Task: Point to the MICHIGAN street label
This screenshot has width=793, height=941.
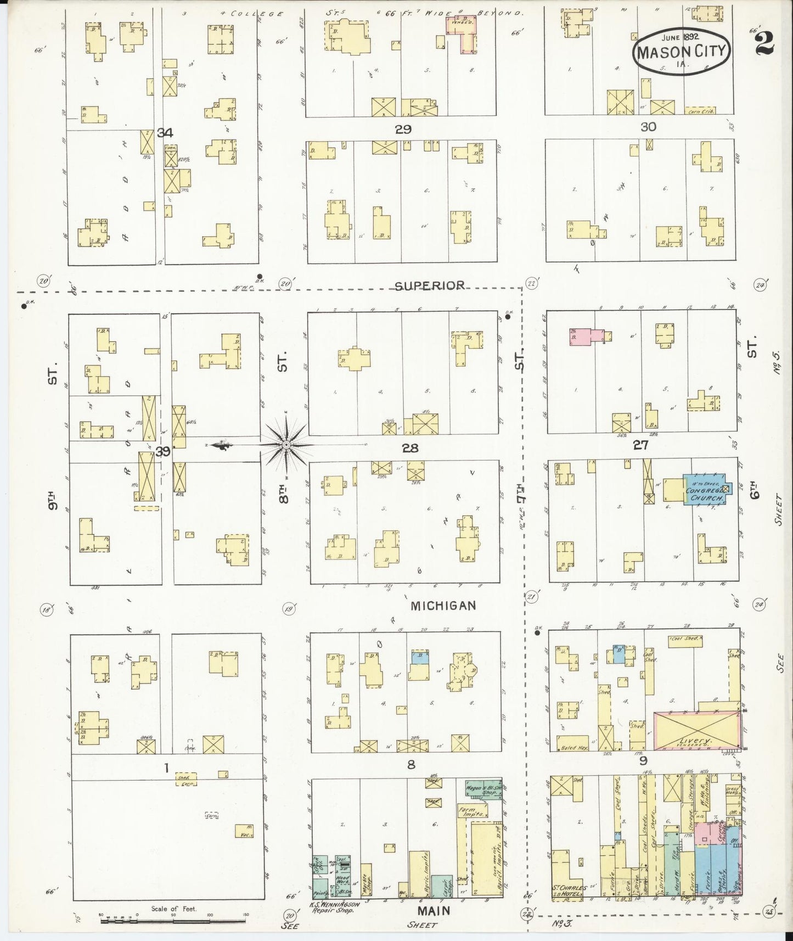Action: [443, 606]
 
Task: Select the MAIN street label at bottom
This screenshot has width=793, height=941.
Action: [435, 910]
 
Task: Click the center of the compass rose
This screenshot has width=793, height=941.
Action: [286, 444]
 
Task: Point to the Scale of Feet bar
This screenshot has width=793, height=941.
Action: [174, 920]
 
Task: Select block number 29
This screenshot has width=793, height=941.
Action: [403, 130]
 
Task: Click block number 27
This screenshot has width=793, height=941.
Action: [640, 445]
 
